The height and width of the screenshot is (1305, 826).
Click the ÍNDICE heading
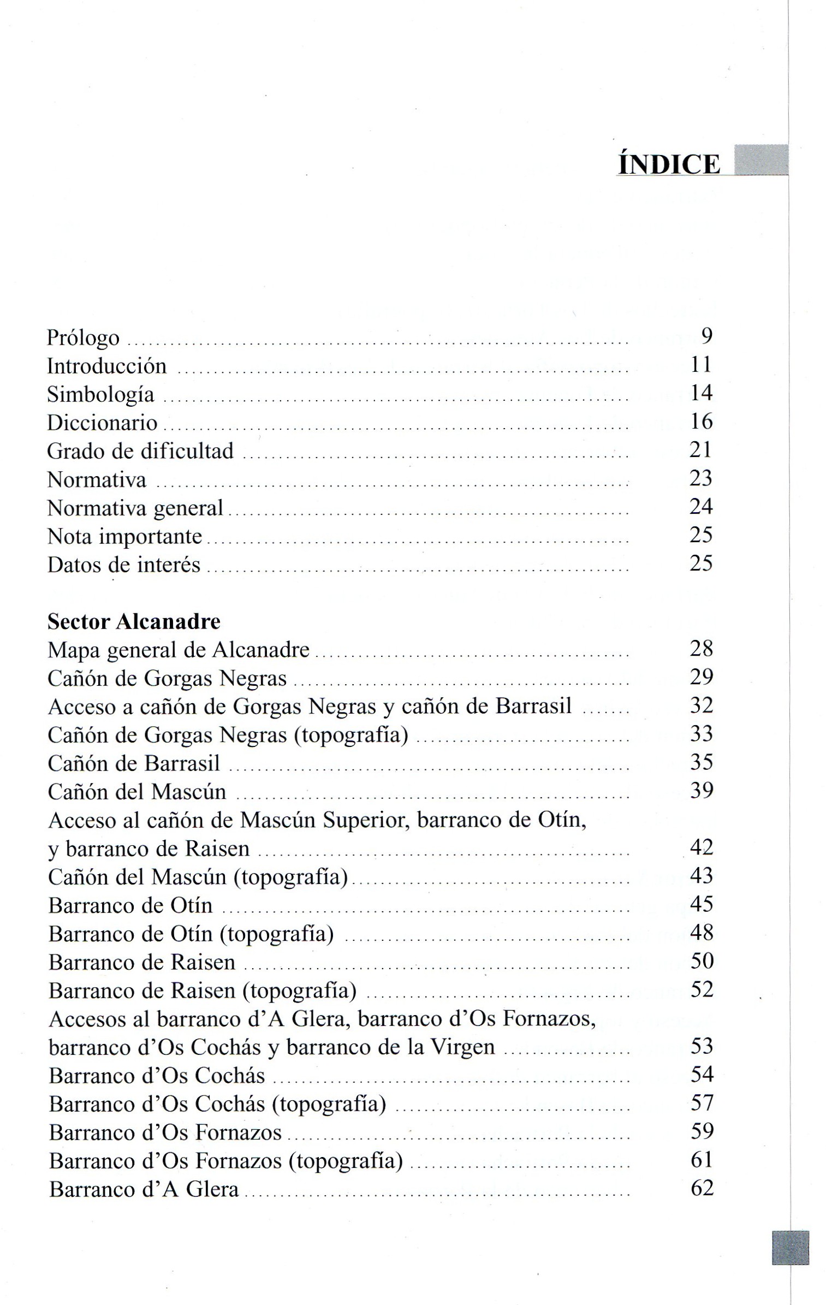click(668, 164)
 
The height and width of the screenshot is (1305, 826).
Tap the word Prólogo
click(83, 338)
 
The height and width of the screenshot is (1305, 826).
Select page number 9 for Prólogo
click(706, 336)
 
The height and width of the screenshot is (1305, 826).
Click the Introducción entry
click(107, 366)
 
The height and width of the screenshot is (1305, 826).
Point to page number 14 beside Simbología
click(701, 393)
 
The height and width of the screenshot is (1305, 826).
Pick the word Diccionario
click(102, 423)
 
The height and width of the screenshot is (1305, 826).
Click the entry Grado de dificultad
click(140, 451)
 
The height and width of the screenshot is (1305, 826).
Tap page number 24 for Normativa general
click(701, 506)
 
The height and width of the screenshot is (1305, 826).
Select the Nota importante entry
click(124, 537)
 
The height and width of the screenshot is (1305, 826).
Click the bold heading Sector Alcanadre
click(134, 621)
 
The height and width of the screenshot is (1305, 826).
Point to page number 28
click(702, 648)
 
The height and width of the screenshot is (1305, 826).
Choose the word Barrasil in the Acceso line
click(533, 706)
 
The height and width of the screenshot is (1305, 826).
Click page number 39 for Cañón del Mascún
click(702, 790)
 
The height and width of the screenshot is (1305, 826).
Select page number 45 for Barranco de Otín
click(702, 904)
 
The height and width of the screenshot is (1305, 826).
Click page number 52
click(702, 989)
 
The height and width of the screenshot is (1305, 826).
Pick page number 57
click(702, 1102)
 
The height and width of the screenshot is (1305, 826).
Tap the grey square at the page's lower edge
click(790, 1248)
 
